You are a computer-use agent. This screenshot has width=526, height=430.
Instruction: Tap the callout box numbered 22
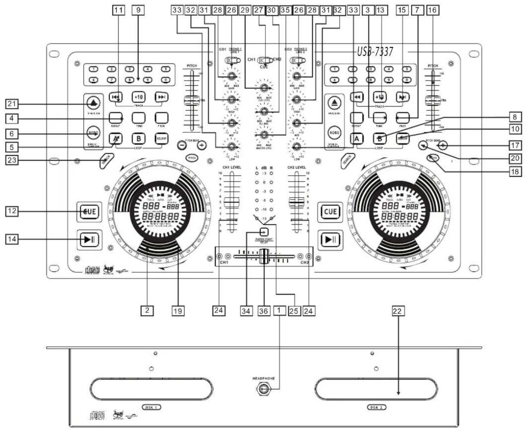pyautogui.click(x=398, y=311)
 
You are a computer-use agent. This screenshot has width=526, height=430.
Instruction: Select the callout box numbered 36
pyautogui.click(x=264, y=310)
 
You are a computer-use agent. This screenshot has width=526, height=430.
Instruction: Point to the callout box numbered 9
pyautogui.click(x=138, y=10)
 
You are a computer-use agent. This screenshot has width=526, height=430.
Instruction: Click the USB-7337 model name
pyautogui.click(x=375, y=51)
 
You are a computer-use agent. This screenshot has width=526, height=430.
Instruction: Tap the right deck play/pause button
pyautogui.click(x=330, y=239)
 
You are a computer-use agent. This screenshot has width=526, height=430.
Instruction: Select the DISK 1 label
pyautogui.click(x=151, y=407)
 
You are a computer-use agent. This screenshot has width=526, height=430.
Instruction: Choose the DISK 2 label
pyautogui.click(x=376, y=407)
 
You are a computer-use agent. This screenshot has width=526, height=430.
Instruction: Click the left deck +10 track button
pyautogui.click(x=138, y=97)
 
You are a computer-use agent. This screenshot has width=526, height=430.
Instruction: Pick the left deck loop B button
pyautogui.click(x=138, y=139)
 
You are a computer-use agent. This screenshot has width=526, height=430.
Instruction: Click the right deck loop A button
pyautogui.click(x=357, y=139)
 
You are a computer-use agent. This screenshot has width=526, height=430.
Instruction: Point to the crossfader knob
pyautogui.click(x=264, y=257)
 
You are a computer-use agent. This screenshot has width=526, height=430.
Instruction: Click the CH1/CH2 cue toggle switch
pyautogui.click(x=265, y=60)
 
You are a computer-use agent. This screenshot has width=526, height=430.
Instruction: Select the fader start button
pyautogui.click(x=264, y=232)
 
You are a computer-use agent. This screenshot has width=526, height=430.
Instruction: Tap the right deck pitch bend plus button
pyautogui.click(x=443, y=145)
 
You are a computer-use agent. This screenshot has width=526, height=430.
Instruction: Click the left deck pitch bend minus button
pyautogui.click(x=182, y=145)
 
